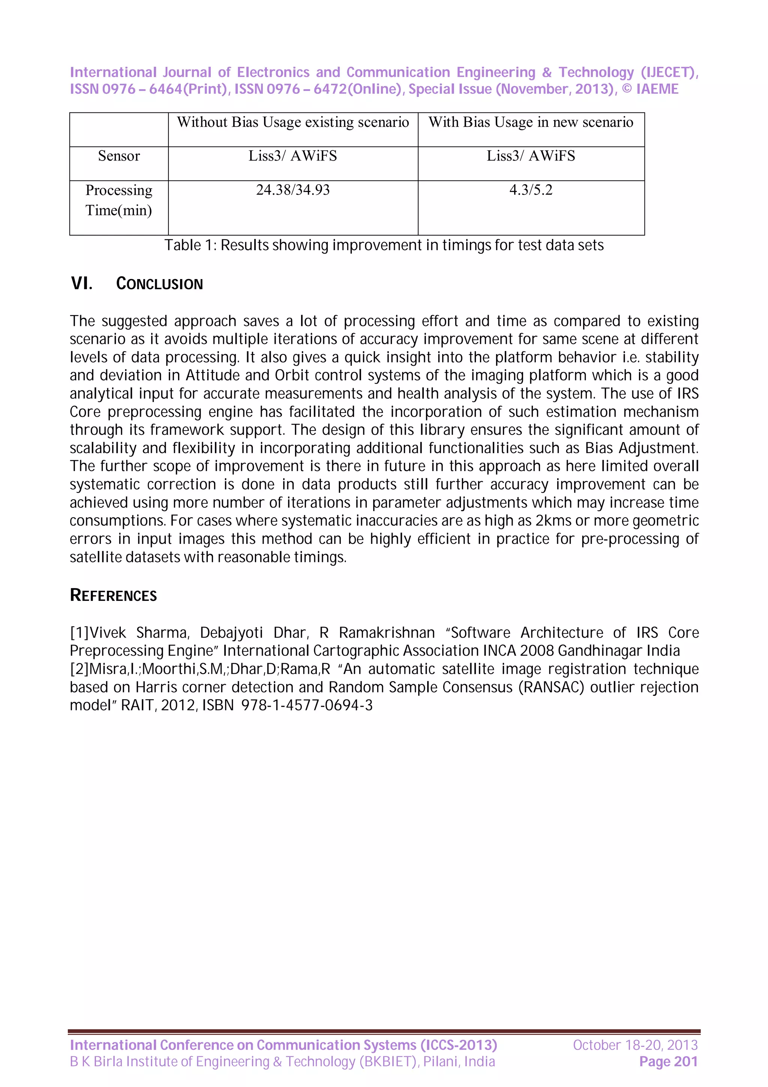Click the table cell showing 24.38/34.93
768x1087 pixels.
(x=293, y=190)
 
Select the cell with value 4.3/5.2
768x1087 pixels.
(x=531, y=190)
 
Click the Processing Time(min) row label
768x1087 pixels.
(x=119, y=200)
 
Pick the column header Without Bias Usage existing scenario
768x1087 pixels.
(x=293, y=122)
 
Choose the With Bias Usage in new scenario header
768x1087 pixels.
(x=531, y=122)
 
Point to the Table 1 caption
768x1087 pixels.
(x=384, y=245)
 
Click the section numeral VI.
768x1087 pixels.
(x=81, y=284)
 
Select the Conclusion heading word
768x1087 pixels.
(x=159, y=284)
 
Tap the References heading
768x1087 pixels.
(x=113, y=595)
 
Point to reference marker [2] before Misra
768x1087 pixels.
(x=79, y=669)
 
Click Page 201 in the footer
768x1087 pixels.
(x=668, y=1061)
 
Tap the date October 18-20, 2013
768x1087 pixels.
(x=635, y=1045)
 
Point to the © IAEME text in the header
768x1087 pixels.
(x=650, y=89)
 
